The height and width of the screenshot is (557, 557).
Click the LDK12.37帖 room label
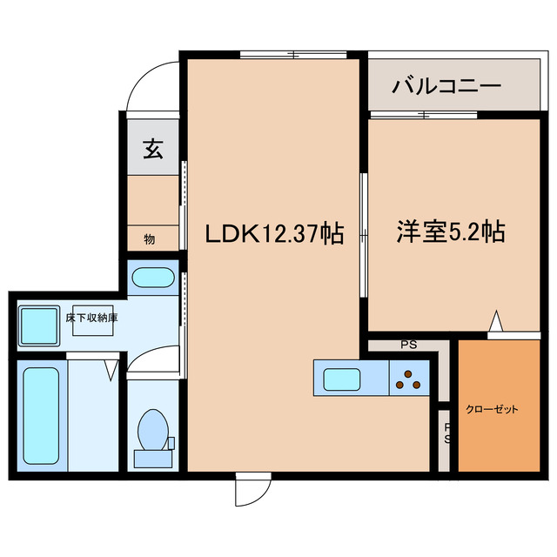coord(272,233)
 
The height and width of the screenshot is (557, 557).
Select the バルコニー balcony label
coord(446,87)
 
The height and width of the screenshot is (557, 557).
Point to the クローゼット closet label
coord(492,409)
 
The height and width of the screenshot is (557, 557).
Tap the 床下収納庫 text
coord(91,318)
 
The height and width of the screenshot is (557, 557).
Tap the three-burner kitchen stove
coord(408,379)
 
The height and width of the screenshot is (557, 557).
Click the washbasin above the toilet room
coord(153,280)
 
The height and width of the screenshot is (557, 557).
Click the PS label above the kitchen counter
coord(408,345)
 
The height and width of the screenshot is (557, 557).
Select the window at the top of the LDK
coord(293,56)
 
